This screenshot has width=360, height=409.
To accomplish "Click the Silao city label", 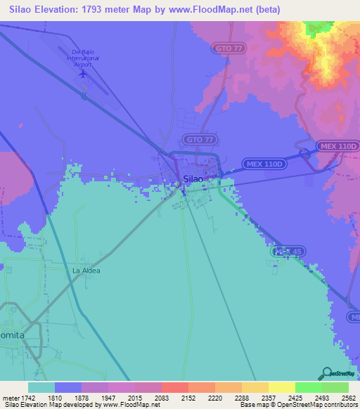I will (193, 179).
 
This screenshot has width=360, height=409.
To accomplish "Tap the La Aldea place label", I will (86, 271).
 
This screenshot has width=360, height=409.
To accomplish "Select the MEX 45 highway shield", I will (286, 252).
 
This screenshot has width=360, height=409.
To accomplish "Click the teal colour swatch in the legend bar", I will (41, 387).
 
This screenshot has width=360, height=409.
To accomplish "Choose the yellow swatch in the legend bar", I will (281, 387).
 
